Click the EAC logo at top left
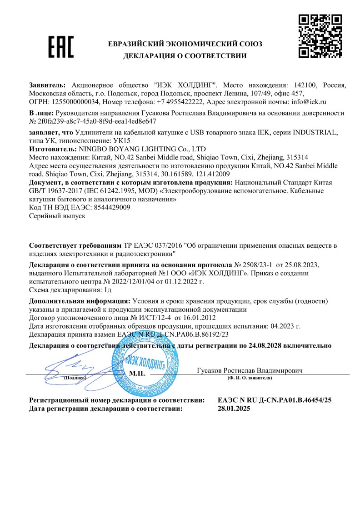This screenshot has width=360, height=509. pos(61,47)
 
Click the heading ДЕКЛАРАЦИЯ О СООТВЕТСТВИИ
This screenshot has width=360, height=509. pos(185,56)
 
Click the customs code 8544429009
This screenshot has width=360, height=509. pos(111,207)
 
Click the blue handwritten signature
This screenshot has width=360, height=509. pos(68,367)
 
